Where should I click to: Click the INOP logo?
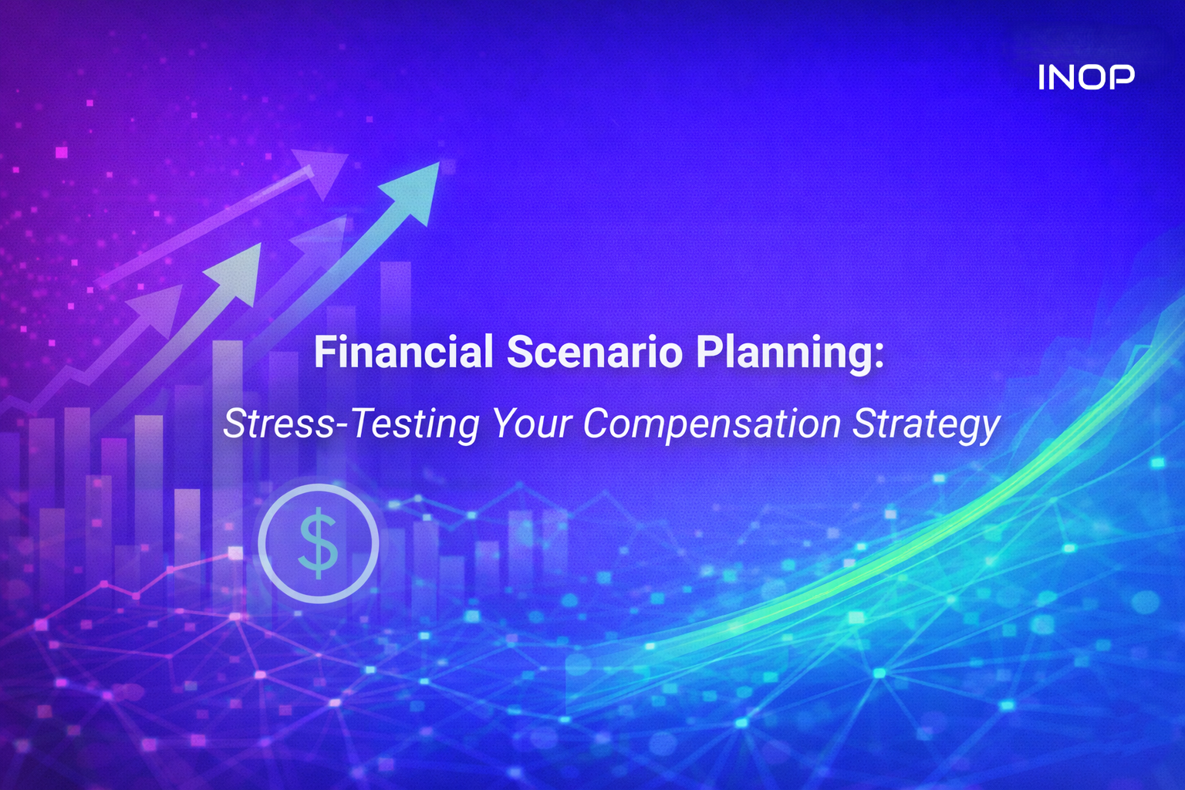coord(1086,77)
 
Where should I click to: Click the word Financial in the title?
coord(403,353)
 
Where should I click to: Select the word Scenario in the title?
coord(594,353)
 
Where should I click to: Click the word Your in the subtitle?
coord(532,424)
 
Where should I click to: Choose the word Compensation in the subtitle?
coord(711,424)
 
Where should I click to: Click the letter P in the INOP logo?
coord(1122,77)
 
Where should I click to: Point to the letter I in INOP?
coord(1042,77)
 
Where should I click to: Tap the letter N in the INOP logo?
coord(1061,77)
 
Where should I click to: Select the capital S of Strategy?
coord(864,424)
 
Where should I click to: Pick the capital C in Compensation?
coord(596,424)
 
